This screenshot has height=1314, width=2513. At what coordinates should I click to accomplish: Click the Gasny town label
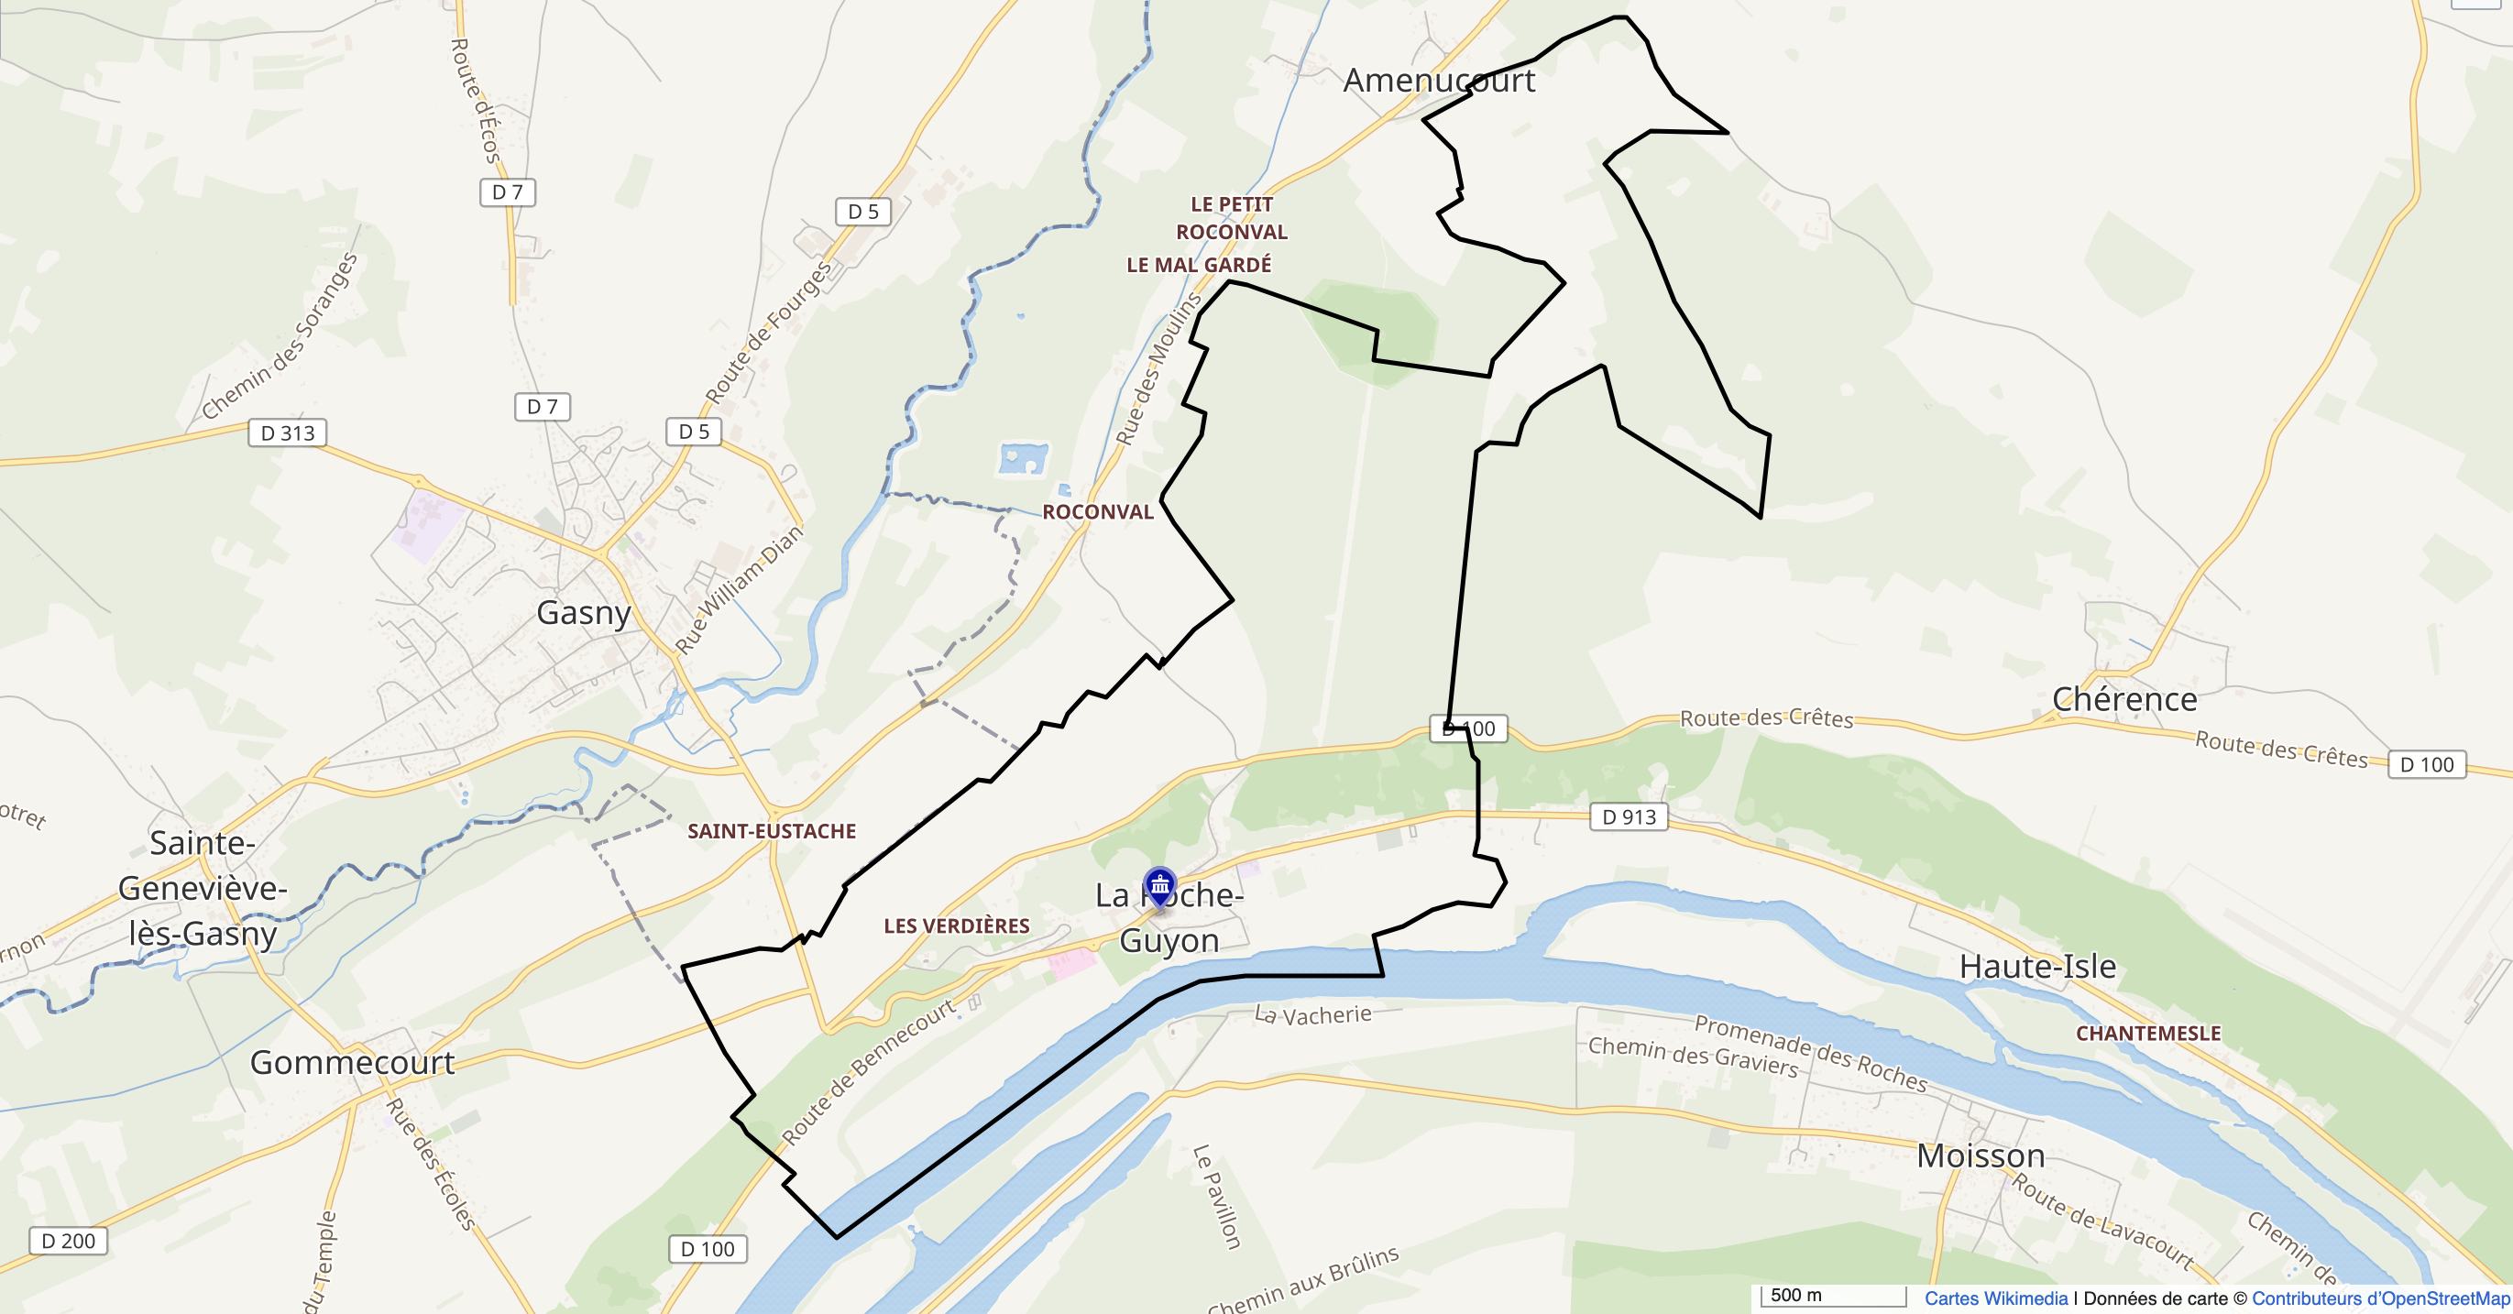click(584, 613)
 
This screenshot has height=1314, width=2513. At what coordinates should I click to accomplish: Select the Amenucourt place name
click(1439, 80)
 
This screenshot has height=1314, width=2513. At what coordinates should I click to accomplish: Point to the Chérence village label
click(2123, 698)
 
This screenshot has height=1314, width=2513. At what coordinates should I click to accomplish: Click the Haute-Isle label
click(2038, 967)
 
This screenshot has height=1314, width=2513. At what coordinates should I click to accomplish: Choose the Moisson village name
click(1981, 1156)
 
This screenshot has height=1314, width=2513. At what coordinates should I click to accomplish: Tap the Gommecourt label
click(352, 1062)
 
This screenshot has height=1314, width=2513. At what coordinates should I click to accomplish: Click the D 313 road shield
click(288, 433)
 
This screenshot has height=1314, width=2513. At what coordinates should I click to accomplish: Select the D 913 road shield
click(1629, 817)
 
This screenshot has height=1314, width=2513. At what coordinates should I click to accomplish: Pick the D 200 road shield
click(69, 1241)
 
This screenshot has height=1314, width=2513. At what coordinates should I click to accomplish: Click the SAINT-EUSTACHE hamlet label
click(772, 831)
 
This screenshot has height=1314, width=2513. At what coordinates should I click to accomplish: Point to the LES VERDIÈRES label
click(956, 925)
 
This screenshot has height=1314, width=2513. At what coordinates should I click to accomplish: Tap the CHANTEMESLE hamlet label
click(2148, 1033)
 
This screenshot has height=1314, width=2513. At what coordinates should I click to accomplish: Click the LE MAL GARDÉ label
click(1199, 265)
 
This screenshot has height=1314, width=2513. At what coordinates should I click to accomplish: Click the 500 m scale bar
click(1832, 1297)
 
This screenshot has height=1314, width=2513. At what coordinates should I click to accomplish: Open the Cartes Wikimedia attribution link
click(1996, 1298)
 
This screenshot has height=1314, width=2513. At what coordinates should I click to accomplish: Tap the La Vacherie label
click(1312, 1014)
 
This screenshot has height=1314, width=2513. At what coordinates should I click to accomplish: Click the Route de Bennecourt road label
click(867, 1075)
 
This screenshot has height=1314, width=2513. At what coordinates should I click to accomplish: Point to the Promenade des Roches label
click(1810, 1054)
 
